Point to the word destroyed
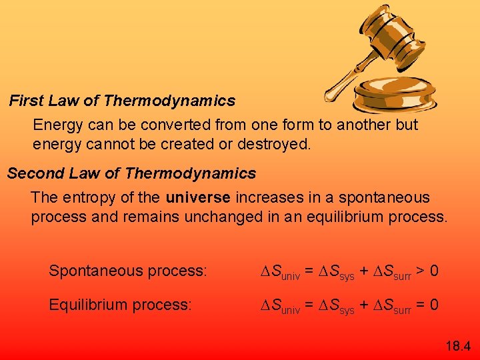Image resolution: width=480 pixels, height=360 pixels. coord(279,143)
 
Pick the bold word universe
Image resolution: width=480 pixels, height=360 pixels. coord(198,198)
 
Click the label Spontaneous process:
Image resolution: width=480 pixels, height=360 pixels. coord(128,271)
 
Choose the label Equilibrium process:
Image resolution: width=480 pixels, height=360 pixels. coord(120,305)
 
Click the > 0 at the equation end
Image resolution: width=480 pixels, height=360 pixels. coord(427,271)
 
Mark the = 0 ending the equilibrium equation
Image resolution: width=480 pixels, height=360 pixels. coord(427,305)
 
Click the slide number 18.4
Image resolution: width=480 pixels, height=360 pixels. coord(457,345)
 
